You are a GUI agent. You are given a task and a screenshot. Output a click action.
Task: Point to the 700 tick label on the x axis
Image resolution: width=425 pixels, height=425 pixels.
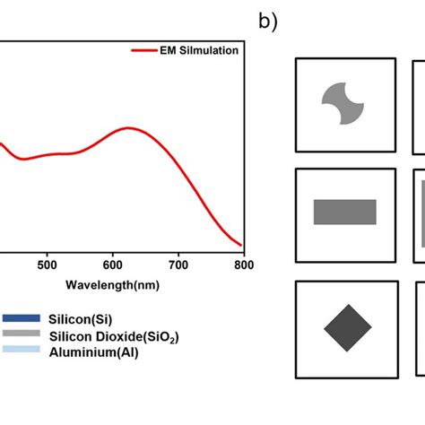click(178, 265)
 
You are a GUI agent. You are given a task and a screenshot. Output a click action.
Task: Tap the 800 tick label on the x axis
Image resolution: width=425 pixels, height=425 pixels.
click(243, 265)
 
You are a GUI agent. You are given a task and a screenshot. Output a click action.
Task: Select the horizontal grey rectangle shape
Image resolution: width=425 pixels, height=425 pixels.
click(344, 212)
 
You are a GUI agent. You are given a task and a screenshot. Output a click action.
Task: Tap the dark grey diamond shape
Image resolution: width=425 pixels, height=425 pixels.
click(347, 327)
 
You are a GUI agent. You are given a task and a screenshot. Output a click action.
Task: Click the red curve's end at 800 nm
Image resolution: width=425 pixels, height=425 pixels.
click(241, 245)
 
